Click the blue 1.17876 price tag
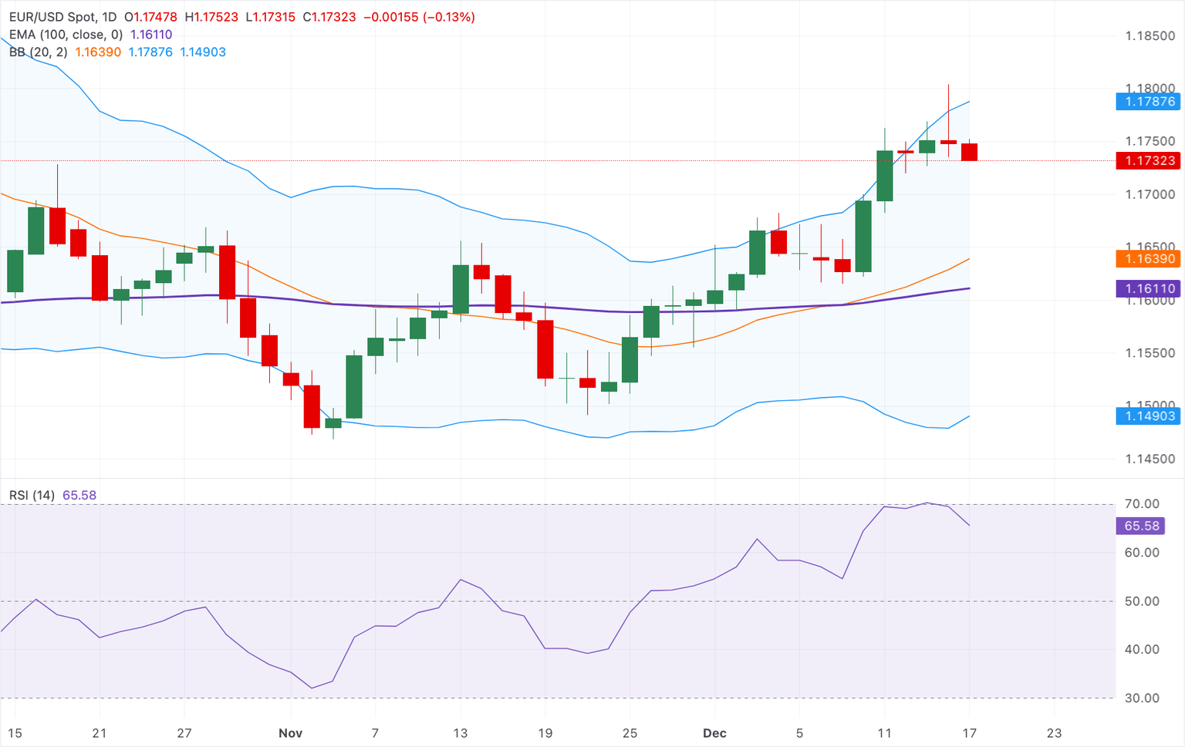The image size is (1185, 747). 1149,102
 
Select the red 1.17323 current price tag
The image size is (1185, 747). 1149,160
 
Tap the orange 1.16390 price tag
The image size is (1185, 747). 1149,259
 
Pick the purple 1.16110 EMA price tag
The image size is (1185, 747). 1149,289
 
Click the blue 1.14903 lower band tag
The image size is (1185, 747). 1149,416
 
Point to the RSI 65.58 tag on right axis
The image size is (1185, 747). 1141,526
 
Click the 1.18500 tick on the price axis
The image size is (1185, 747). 1150,36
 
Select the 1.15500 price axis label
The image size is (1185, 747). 1150,353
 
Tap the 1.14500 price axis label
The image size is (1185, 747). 1150,459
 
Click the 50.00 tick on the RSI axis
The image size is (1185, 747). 1142,601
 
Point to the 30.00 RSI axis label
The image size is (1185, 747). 1142,698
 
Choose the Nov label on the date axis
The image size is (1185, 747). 290,733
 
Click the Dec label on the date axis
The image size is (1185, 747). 714,733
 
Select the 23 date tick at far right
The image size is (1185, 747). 1054,733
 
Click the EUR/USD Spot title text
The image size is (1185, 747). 53,17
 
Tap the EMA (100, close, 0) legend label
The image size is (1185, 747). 66,35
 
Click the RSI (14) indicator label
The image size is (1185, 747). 32,496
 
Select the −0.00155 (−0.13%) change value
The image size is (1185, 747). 419,17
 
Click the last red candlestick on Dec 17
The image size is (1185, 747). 969,152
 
